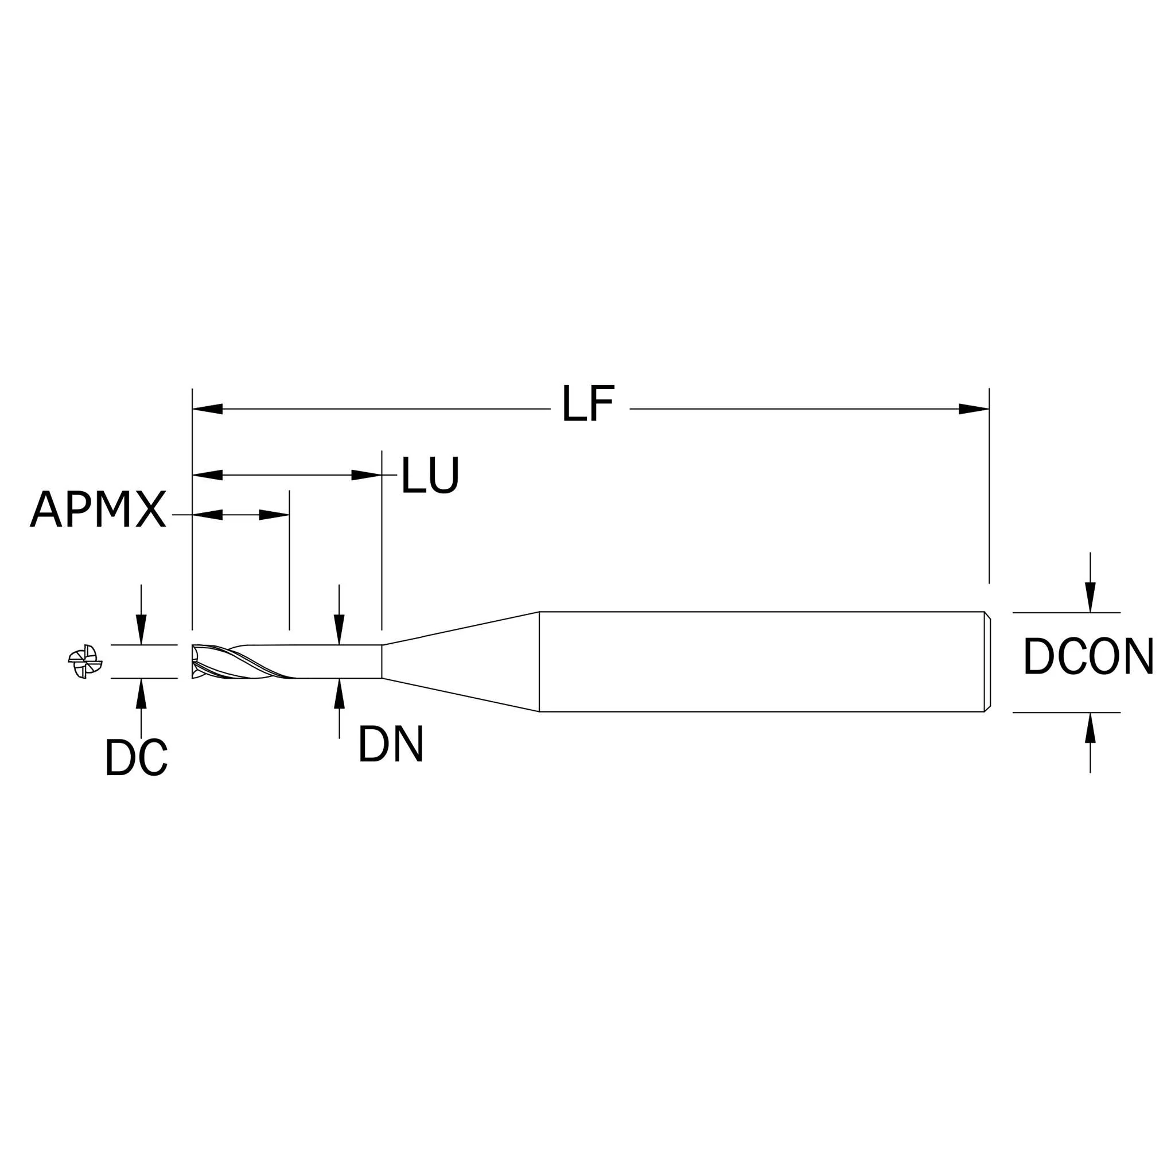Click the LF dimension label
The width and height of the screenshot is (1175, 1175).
[588, 403]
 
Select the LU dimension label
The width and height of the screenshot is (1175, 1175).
[430, 475]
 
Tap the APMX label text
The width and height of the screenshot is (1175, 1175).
[98, 508]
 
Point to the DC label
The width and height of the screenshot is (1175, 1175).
[136, 757]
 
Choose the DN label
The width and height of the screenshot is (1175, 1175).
[391, 743]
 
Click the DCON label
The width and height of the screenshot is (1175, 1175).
[1088, 656]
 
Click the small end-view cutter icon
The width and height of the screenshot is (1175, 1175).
[85, 661]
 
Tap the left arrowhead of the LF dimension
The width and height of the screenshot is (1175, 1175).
[207, 408]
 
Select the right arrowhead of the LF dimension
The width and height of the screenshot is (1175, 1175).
[974, 408]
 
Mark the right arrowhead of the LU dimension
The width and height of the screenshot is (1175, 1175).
[367, 475]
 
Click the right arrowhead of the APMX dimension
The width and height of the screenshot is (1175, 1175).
[274, 515]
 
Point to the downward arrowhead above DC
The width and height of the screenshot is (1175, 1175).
[141, 629]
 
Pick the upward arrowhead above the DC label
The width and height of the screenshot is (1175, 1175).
[141, 693]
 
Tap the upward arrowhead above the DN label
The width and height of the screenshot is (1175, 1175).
[340, 693]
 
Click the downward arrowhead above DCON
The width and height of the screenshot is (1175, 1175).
[1091, 597]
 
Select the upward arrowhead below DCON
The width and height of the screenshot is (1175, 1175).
[1091, 727]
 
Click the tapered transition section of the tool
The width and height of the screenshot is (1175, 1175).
[460, 661]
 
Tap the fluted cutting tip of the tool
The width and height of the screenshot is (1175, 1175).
[243, 661]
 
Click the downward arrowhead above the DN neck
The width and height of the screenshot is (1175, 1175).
[340, 629]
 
